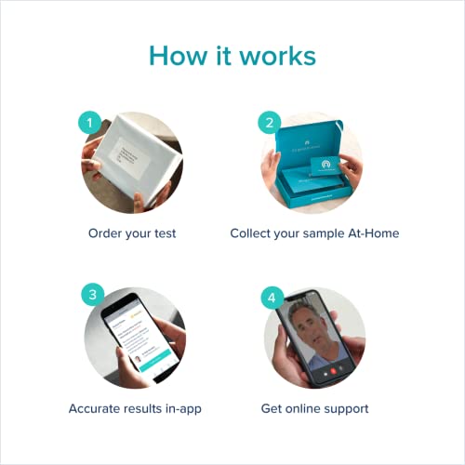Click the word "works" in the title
[x=279, y=55]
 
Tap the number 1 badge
[x=88, y=123]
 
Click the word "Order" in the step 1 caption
[x=107, y=232]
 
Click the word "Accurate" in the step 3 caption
[x=97, y=408]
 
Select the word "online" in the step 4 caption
[x=314, y=408]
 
